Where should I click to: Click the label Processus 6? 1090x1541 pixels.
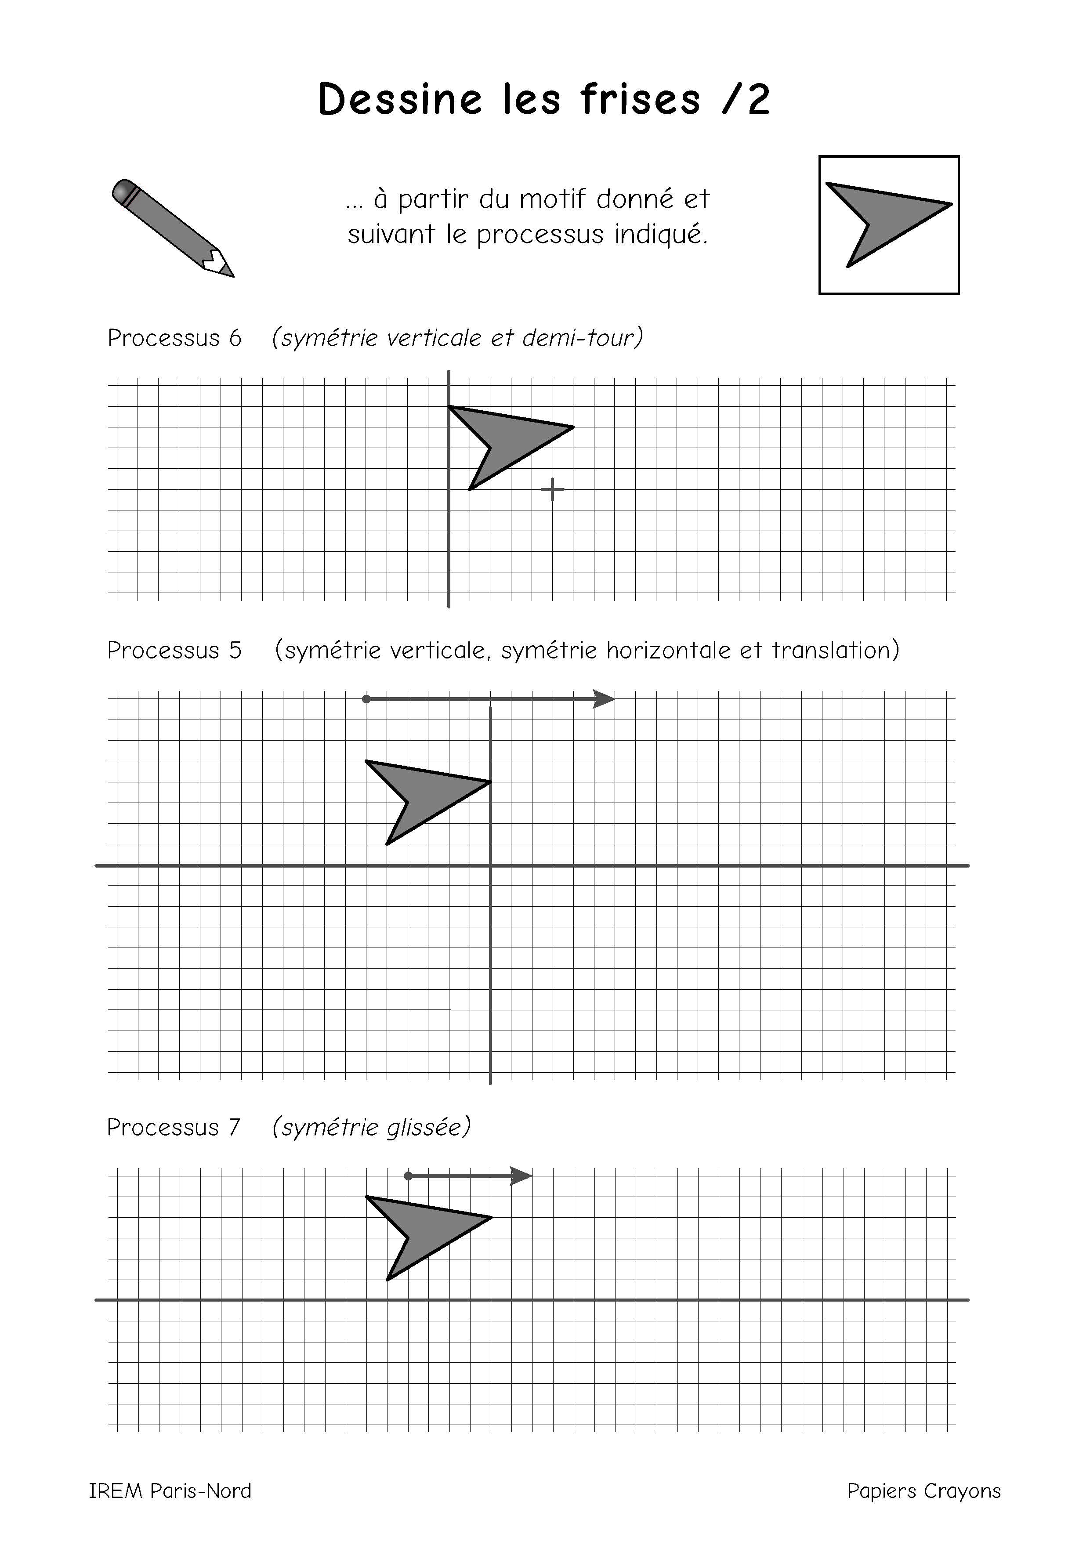point(174,338)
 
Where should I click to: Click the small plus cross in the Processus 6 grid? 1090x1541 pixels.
point(552,490)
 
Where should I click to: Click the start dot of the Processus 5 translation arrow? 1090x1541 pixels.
point(366,699)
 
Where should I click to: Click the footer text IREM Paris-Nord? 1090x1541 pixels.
point(170,1490)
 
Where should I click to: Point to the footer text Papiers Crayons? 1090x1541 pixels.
point(923,1490)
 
